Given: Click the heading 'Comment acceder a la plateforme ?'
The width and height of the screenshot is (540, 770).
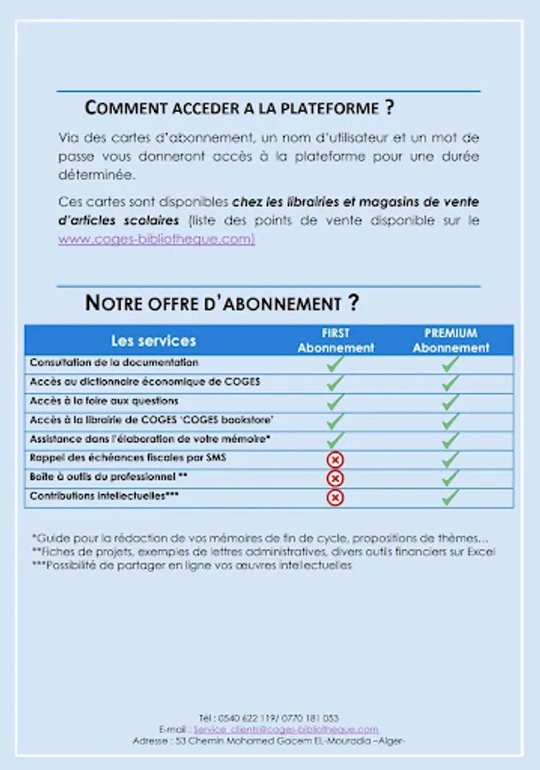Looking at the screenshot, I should click(x=240, y=109).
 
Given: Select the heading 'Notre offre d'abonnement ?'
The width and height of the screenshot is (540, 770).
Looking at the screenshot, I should click(x=222, y=303).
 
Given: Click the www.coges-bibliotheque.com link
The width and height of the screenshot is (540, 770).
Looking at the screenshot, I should click(x=157, y=240).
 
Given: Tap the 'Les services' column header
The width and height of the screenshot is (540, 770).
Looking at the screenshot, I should click(x=153, y=341).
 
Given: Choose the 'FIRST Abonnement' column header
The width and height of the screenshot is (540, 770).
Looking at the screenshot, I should click(x=335, y=341).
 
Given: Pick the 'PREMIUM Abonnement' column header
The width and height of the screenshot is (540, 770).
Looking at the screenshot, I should click(x=451, y=341).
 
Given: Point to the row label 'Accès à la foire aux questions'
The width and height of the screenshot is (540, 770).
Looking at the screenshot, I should click(x=104, y=401).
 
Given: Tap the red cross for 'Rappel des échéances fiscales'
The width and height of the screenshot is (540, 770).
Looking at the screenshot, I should click(x=335, y=459).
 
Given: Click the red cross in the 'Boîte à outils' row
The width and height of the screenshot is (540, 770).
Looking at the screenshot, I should click(x=335, y=478).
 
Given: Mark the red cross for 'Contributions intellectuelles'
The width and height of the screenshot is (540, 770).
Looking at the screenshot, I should click(x=335, y=497).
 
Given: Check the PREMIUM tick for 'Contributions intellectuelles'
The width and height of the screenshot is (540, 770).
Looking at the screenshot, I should click(x=451, y=497).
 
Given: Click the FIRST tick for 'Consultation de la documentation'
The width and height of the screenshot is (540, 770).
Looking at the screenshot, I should click(x=335, y=364).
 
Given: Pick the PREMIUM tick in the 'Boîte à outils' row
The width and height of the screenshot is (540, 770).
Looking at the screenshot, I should click(x=451, y=478).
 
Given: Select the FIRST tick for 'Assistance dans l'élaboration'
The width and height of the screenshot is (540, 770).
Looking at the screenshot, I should click(x=335, y=440).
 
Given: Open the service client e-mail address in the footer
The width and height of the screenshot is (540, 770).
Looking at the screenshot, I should click(x=286, y=730).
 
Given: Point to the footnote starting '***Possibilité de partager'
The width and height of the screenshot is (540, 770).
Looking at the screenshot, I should click(x=192, y=566).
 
